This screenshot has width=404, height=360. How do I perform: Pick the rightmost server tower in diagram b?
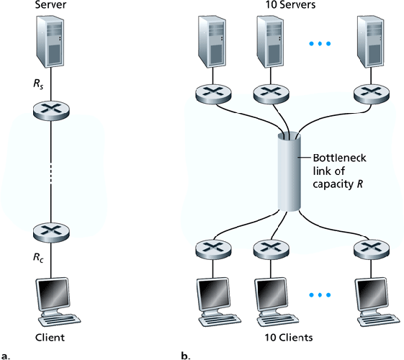369,44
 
